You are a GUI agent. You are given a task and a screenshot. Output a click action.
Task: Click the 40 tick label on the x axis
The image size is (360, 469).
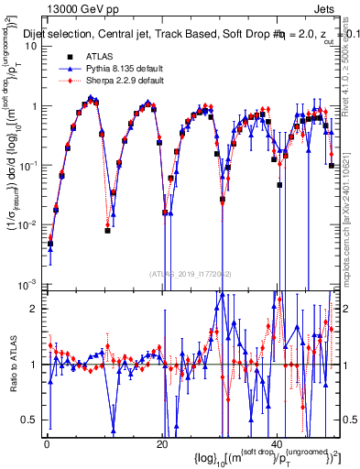tap(278, 443)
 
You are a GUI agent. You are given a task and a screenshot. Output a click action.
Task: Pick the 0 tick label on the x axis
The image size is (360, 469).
tap(47, 443)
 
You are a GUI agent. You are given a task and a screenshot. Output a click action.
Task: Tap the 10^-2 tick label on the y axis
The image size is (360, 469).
tap(27, 224)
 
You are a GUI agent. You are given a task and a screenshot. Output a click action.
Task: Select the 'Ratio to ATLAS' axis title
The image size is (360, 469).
tap(10, 364)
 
